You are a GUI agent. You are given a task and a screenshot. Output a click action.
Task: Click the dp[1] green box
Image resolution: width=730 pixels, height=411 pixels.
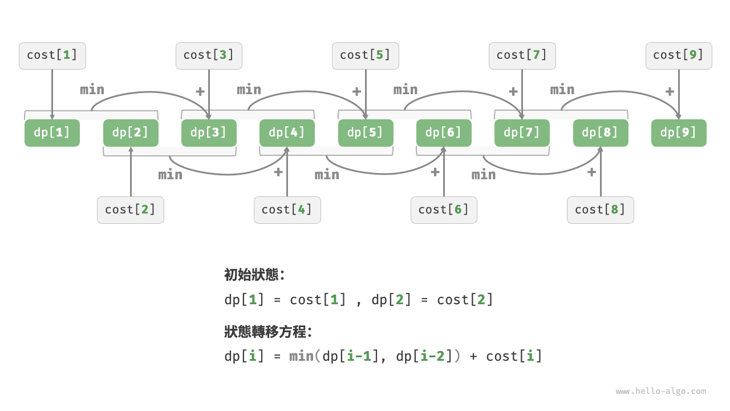[x=52, y=133]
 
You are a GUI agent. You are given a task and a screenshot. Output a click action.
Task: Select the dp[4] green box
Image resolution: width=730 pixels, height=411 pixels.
[x=287, y=133]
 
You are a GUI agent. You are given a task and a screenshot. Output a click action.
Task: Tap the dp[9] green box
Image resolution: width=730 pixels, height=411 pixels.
[x=679, y=133]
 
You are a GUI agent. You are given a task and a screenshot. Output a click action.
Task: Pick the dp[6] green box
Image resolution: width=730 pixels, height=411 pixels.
[x=444, y=133]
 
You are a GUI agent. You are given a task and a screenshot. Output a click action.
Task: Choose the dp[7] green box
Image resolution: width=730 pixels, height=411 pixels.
[x=522, y=133]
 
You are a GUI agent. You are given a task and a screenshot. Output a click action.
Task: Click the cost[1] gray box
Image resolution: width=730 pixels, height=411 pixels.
[x=52, y=55]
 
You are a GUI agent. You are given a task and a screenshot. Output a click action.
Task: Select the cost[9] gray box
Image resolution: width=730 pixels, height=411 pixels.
[x=679, y=55]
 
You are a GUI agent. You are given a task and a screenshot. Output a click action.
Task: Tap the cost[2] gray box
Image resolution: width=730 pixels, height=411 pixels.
[x=131, y=209]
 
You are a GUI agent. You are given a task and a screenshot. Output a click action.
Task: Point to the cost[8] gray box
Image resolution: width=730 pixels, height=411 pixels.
[x=600, y=209]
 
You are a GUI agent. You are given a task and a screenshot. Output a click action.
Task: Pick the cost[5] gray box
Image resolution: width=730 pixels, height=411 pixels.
[x=366, y=55]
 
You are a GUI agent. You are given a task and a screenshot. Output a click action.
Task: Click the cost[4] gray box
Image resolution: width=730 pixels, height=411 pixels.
[x=287, y=209]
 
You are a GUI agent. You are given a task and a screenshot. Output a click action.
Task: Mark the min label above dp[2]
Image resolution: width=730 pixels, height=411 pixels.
[x=92, y=90]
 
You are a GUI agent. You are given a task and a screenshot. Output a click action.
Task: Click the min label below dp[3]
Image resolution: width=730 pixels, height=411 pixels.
[x=171, y=175]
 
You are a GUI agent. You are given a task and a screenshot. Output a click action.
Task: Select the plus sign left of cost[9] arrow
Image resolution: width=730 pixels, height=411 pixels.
[x=670, y=91]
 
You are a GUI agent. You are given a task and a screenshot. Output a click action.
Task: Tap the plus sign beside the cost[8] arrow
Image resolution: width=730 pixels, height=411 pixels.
[x=591, y=172]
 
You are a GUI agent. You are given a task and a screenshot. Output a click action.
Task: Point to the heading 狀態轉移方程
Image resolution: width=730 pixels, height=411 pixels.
[x=268, y=332]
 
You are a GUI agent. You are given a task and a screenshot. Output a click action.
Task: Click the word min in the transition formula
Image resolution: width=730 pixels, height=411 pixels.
[x=301, y=357]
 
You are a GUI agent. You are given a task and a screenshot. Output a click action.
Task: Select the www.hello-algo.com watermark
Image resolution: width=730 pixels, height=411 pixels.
[x=660, y=392]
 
